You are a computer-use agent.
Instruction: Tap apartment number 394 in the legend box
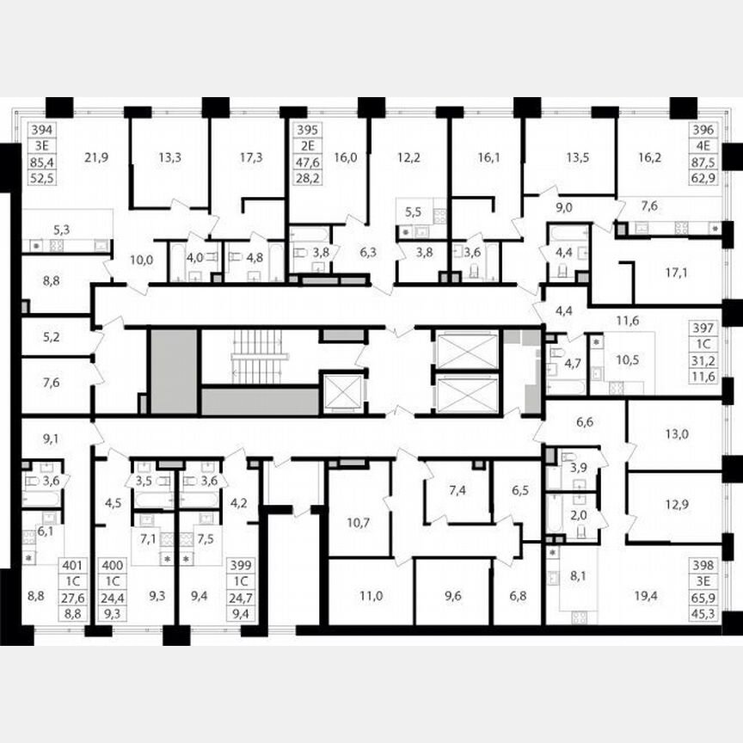pyautogui.click(x=40, y=131)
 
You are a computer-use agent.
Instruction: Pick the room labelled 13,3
pyautogui.click(x=169, y=157)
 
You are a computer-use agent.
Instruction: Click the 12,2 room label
pyautogui.click(x=408, y=157)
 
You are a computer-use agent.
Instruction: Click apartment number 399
pyautogui.click(x=240, y=566)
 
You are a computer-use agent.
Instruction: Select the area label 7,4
pyautogui.click(x=457, y=491)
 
